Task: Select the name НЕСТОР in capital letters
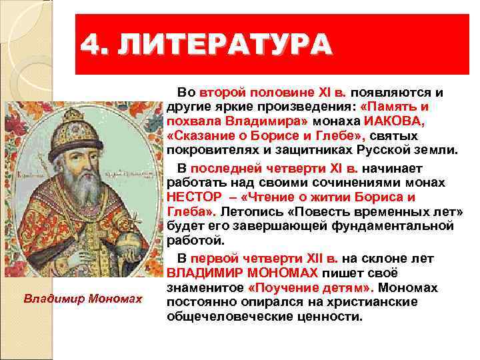pos(194,198)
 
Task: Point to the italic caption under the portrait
pos(83,299)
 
